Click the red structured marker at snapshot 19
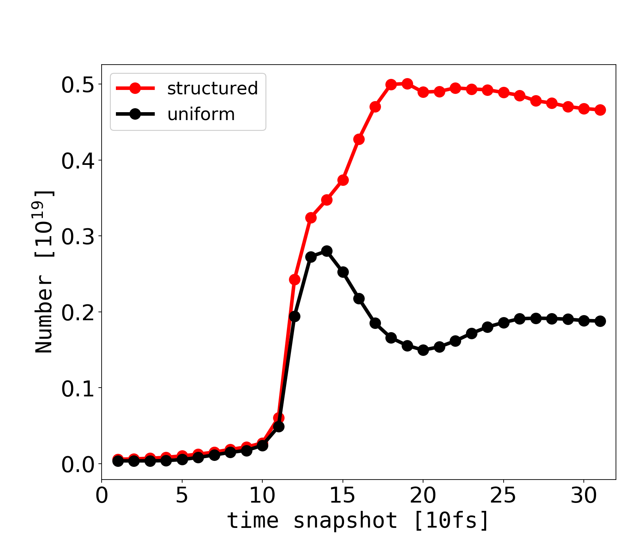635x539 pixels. (407, 84)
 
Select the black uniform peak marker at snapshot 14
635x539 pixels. (327, 251)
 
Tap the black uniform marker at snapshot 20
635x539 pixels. (423, 350)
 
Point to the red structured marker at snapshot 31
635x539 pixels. (600, 110)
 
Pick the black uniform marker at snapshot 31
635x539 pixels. (600, 321)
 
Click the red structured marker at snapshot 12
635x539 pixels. (294, 279)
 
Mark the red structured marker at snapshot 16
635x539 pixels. (359, 139)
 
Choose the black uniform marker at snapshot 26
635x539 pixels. (520, 319)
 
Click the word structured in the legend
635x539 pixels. (212, 88)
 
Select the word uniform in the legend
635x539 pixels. (201, 115)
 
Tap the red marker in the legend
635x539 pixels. (135, 88)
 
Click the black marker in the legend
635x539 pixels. (135, 115)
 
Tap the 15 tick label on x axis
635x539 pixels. (343, 496)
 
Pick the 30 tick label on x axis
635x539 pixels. (584, 496)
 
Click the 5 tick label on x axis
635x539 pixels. (182, 496)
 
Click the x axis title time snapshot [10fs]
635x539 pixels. (358, 520)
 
